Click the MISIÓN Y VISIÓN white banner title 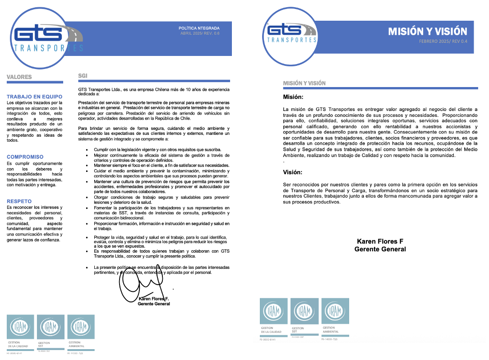pos(428,31)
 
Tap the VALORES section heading pos(19,77)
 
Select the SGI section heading pos(83,76)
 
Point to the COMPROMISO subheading pos(25,157)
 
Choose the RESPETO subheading pos(19,201)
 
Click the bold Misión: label pos(293,97)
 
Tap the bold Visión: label pos(293,172)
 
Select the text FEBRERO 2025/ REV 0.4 pos(443,42)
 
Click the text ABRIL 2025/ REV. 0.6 pos(200,33)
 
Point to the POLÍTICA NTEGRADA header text pos(199,28)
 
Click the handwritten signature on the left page pos(140,282)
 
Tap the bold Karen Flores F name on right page pos(380,241)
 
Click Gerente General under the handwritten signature pos(154,304)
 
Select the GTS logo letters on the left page pos(38,34)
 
